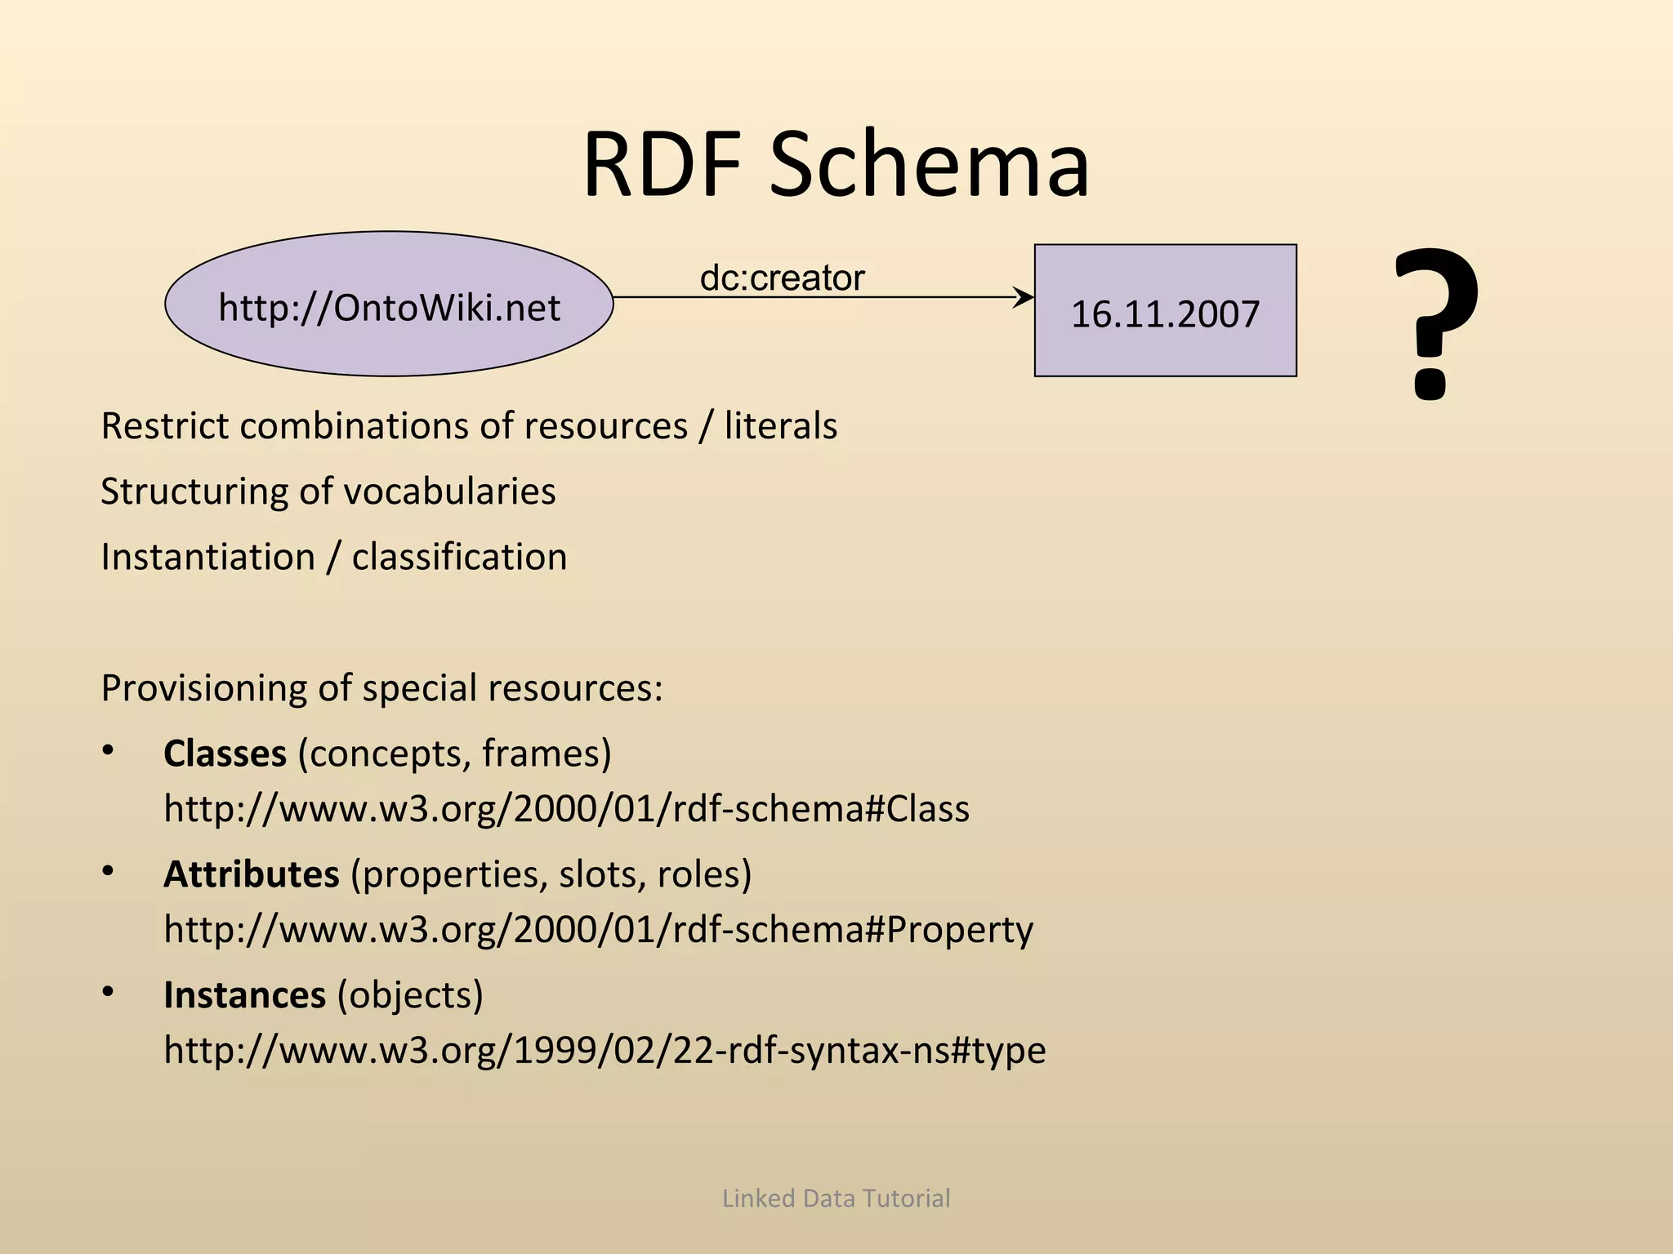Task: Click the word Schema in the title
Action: tap(929, 165)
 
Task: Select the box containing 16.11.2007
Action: tap(1165, 311)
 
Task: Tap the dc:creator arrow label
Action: tap(782, 278)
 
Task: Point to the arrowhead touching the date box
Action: tap(1024, 297)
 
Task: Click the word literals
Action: tap(780, 426)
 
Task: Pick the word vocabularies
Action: tap(449, 491)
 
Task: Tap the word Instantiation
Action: tap(207, 558)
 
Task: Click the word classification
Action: tap(459, 558)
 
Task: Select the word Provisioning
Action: tap(203, 688)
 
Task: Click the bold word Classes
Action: tap(225, 754)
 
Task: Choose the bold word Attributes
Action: tap(251, 874)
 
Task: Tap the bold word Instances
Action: tap(244, 995)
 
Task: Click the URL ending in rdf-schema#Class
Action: tap(566, 809)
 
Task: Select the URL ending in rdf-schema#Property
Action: tap(598, 930)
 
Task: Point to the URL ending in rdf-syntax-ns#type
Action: tap(605, 1051)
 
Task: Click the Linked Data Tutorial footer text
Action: tap(836, 1198)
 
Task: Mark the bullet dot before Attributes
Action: tap(108, 871)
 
